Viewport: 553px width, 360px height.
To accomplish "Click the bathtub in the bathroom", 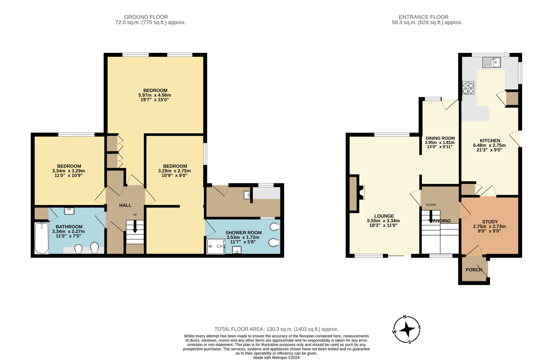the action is tap(42, 238).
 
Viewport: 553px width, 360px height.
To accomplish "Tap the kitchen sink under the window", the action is tap(491, 62).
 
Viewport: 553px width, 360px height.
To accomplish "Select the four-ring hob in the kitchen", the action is tap(468, 88).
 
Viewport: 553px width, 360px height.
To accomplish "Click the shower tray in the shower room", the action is tap(216, 246).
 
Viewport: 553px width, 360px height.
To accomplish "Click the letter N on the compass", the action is tap(405, 317).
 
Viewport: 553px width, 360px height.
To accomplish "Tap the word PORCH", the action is tap(474, 270).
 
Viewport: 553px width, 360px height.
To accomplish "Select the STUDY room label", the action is tap(490, 222).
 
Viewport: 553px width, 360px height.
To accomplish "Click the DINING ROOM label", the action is tap(440, 138).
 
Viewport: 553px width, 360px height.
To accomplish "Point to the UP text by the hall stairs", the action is tap(135, 215).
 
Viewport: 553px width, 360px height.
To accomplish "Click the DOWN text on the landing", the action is tap(431, 205).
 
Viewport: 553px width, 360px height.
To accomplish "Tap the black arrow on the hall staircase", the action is tap(135, 226).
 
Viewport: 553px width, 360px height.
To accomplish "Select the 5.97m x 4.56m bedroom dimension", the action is tap(155, 95).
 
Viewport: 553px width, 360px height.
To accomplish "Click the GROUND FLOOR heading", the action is tap(146, 17).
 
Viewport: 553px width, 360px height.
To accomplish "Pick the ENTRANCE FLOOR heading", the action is tap(424, 17).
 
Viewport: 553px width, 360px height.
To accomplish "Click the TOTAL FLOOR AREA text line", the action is tap(276, 329).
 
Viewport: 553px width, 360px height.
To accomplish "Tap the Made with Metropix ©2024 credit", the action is tap(276, 358).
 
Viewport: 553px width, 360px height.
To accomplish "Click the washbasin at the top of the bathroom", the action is tap(69, 211).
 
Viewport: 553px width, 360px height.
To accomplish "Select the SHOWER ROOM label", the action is tap(244, 233).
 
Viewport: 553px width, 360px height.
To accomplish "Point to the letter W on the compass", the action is tap(394, 332).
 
